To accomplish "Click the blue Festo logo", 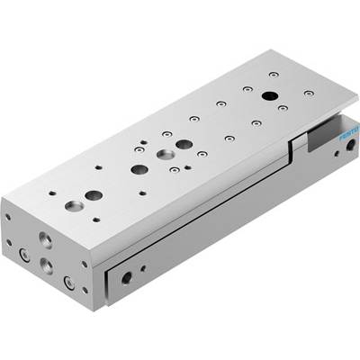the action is point(348,134).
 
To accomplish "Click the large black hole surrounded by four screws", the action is point(270,96).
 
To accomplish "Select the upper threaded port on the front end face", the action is point(46,240).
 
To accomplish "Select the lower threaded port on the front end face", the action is point(47,265).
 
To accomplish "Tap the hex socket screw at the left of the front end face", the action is point(24,255).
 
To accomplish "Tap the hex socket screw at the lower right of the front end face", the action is point(69,283).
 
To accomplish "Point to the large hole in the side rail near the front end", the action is point(127,278).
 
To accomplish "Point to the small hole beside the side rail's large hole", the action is point(144,268).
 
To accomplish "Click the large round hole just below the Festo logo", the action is point(350,146).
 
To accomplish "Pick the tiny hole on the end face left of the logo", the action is point(337,154).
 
